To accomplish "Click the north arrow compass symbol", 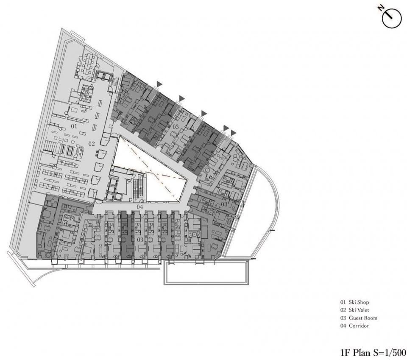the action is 391,19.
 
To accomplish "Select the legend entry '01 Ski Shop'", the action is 354,302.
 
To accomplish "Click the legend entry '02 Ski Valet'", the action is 354,310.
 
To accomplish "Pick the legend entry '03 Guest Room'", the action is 359,318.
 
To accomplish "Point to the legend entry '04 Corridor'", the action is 354,326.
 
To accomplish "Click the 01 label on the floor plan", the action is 74,126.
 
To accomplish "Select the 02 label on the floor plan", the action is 92,144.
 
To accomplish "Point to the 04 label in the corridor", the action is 140,207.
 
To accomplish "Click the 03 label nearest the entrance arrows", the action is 176,127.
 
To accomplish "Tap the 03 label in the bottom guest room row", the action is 140,239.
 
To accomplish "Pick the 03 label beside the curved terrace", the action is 224,204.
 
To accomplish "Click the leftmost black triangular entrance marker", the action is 159,84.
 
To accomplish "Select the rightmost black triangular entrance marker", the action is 234,132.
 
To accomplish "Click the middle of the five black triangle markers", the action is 204,113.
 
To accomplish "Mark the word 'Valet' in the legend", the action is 363,310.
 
